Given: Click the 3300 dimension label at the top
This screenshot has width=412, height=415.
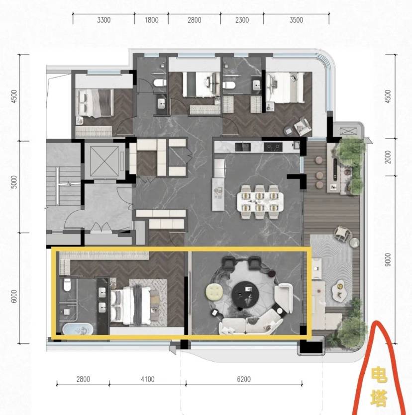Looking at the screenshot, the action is click(103, 20).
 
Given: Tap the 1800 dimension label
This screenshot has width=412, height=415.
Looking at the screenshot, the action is click(152, 20).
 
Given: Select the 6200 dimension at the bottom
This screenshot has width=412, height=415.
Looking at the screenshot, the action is click(244, 379).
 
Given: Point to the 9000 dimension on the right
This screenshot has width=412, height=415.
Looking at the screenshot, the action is click(388, 259).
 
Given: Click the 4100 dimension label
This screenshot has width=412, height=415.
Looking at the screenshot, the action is click(148, 379).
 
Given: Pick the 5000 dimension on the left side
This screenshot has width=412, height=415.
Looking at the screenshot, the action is click(14, 182).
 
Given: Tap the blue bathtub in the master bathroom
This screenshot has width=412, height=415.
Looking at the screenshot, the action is click(78, 329).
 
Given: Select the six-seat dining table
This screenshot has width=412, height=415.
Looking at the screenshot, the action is click(260, 202).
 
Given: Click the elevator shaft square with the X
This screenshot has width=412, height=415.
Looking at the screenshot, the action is click(104, 161).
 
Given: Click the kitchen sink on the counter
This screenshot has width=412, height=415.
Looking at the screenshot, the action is click(243, 147).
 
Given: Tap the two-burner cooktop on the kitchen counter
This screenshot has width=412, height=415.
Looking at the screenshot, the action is click(273, 147).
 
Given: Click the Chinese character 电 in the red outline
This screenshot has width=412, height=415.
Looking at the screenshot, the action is click(379, 375).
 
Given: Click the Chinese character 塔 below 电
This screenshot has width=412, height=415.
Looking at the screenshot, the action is click(379, 398).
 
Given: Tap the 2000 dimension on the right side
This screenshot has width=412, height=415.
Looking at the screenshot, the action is click(388, 157).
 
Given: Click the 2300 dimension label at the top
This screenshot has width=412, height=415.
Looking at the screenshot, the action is click(242, 20).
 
